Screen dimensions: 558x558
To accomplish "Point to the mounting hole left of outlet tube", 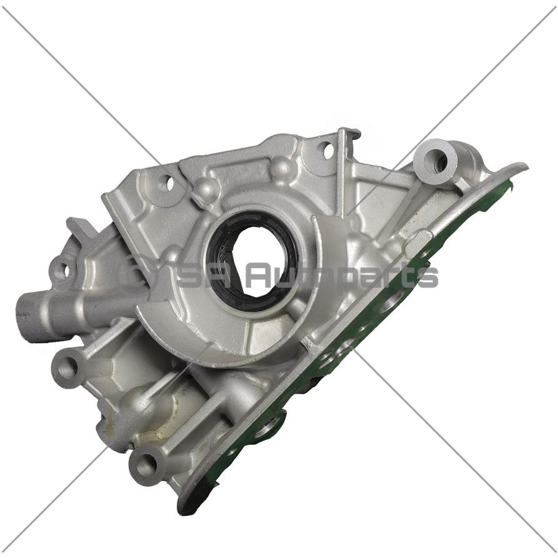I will pos(61,271).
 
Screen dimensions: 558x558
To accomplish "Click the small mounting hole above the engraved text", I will pos(166,183).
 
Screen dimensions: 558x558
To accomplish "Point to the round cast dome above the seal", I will pos(282,167).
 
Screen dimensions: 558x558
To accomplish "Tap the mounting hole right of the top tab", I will pos(326,149).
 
